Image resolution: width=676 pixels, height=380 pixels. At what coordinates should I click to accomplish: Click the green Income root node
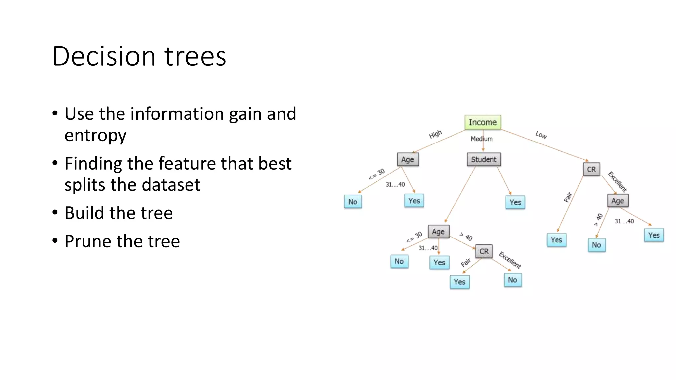click(483, 122)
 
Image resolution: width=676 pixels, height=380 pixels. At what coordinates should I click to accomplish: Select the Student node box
click(484, 159)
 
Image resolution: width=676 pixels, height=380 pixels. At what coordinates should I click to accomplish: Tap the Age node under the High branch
click(408, 160)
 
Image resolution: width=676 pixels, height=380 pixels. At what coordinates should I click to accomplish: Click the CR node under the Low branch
click(591, 169)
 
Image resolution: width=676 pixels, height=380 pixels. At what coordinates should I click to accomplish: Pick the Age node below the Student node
click(438, 232)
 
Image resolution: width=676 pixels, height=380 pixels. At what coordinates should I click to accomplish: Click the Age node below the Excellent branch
click(618, 201)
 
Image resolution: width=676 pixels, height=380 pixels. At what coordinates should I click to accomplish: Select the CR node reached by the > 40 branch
click(484, 251)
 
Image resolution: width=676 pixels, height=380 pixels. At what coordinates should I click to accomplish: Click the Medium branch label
click(482, 139)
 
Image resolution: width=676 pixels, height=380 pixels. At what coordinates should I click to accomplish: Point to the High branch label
click(435, 134)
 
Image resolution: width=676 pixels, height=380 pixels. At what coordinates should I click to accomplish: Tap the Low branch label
click(541, 135)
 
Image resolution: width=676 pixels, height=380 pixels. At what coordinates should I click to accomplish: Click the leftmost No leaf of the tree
click(353, 202)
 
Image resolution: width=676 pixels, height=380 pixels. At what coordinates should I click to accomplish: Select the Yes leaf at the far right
click(654, 235)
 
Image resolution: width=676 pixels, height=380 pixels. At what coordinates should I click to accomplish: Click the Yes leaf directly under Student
click(515, 202)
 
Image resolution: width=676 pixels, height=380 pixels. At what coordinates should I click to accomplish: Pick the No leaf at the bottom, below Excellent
click(513, 280)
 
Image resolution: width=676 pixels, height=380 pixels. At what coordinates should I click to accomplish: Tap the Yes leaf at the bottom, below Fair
click(459, 282)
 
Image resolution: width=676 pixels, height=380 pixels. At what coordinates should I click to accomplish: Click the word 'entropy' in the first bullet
click(95, 136)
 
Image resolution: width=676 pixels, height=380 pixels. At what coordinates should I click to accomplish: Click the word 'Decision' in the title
click(104, 56)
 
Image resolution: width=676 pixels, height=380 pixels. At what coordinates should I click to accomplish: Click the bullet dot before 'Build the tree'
click(55, 213)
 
